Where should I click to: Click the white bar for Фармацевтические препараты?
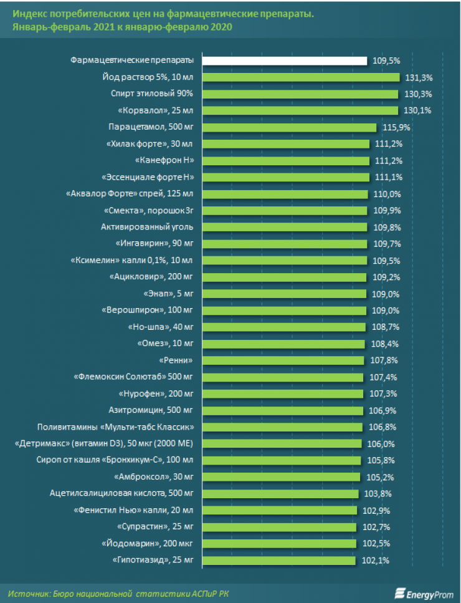(x=285, y=60)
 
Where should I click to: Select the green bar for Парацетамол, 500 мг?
(x=290, y=127)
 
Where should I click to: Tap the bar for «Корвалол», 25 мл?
(x=301, y=110)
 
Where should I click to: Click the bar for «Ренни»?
(x=283, y=360)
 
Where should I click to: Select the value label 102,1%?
(x=376, y=560)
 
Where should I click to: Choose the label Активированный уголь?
(x=148, y=227)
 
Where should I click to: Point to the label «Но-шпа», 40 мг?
(x=161, y=327)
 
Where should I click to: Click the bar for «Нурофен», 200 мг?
(x=283, y=393)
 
